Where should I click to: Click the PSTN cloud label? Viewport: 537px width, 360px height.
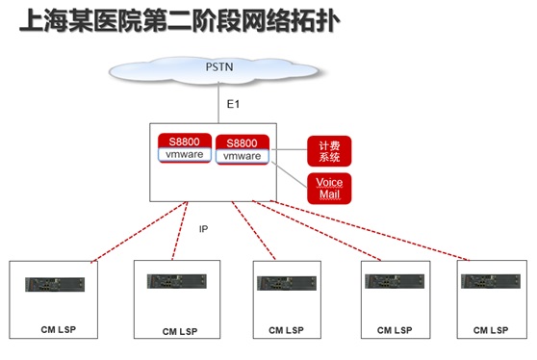tap(219, 66)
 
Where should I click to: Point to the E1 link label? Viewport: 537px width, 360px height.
tap(233, 104)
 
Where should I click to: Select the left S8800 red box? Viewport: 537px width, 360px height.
tap(185, 148)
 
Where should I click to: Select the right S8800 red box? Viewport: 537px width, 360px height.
tap(243, 150)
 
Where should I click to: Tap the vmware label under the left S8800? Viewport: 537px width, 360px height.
tap(184, 154)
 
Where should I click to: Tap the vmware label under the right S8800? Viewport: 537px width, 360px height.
tap(243, 156)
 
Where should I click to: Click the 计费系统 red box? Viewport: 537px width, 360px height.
tap(329, 151)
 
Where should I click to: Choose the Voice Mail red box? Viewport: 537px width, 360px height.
tap(329, 189)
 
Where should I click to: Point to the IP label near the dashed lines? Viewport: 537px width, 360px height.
tap(203, 229)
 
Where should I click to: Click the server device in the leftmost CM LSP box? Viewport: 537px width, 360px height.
tap(55, 284)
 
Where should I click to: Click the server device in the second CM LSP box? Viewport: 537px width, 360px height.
tap(177, 281)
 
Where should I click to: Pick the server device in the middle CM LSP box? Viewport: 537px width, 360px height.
tap(287, 283)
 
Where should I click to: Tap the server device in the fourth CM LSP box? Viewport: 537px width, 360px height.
tap(395, 281)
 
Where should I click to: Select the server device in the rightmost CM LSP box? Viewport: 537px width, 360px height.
tap(491, 281)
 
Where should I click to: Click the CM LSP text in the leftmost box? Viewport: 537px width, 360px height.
tap(58, 329)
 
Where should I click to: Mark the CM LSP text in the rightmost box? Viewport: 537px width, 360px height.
tap(491, 330)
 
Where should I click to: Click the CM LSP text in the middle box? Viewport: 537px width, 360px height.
tap(286, 330)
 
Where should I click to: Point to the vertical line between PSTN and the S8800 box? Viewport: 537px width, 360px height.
tap(218, 102)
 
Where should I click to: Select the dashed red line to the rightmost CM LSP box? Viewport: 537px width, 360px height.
tap(370, 230)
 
